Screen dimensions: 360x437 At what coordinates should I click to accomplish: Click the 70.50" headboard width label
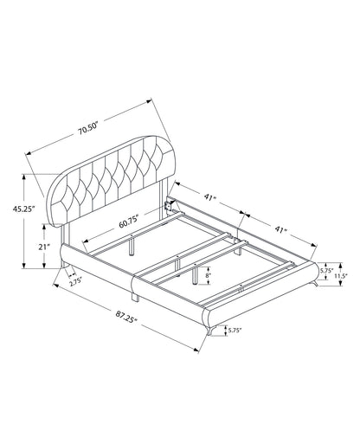coord(88,130)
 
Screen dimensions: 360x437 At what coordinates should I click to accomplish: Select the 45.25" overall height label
coord(23,209)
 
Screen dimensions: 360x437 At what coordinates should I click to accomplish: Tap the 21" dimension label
coord(44,247)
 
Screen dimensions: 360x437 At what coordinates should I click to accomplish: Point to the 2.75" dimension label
coord(75,281)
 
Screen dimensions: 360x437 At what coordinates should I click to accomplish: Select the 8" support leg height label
coord(209,275)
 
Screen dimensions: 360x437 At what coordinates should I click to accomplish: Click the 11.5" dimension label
coord(341,275)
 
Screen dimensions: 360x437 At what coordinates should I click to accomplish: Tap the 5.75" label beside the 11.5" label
coord(326,271)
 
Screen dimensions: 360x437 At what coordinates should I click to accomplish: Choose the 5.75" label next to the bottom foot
coord(235,331)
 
